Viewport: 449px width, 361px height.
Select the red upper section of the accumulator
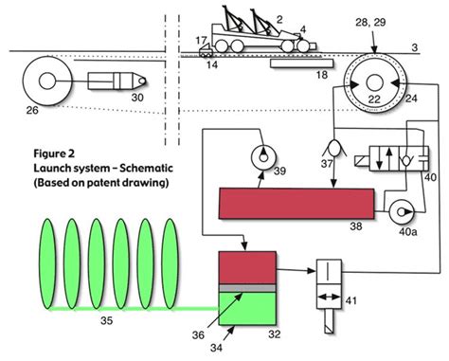click(246, 268)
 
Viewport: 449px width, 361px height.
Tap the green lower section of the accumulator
click(246, 309)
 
